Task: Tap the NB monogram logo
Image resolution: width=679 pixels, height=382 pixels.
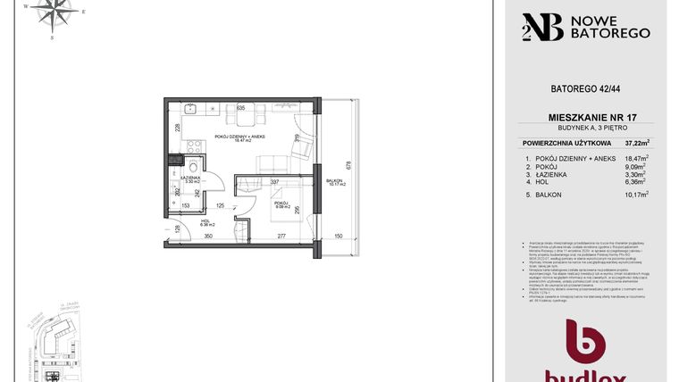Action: [541, 27]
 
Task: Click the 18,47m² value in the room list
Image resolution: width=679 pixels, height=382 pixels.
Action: [635, 158]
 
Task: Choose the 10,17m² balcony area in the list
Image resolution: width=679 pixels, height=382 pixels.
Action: [635, 195]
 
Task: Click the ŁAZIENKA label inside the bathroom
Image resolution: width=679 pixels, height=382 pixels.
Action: [189, 177]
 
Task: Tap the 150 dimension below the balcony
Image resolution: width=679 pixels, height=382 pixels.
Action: [339, 236]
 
